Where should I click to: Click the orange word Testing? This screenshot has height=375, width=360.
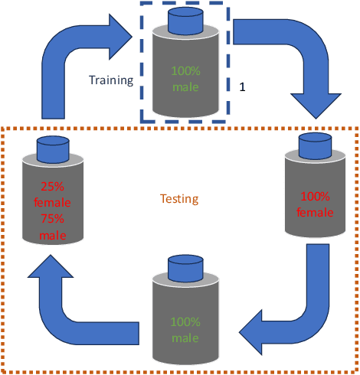[x=178, y=199]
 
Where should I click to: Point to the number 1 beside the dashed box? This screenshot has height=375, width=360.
[x=243, y=88]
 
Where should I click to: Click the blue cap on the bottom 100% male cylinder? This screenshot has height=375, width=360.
[x=185, y=269]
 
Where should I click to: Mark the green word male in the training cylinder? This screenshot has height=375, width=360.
[x=185, y=86]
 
